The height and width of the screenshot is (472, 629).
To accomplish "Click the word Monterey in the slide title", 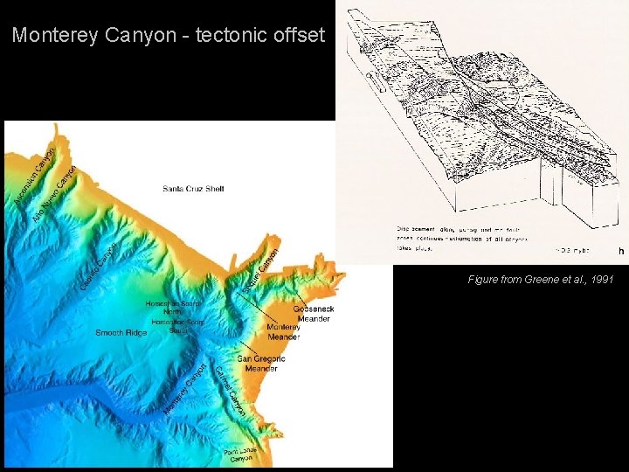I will click(55, 36).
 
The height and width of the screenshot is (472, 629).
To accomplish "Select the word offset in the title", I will click(297, 36).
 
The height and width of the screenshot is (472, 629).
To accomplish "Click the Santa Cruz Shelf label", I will click(193, 188).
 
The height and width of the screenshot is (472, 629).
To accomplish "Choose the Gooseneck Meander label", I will click(313, 314).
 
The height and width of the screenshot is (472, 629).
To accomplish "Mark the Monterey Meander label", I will click(284, 332).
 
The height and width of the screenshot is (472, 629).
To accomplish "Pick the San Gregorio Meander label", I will click(261, 364).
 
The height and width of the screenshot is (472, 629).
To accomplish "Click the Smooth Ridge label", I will click(121, 332).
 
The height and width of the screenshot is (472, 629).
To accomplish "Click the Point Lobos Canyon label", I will click(239, 456).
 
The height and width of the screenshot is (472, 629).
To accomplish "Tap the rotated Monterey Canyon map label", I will click(185, 390).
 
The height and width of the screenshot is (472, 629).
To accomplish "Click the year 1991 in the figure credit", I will click(600, 280).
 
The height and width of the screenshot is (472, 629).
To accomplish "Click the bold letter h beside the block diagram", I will click(621, 252).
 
